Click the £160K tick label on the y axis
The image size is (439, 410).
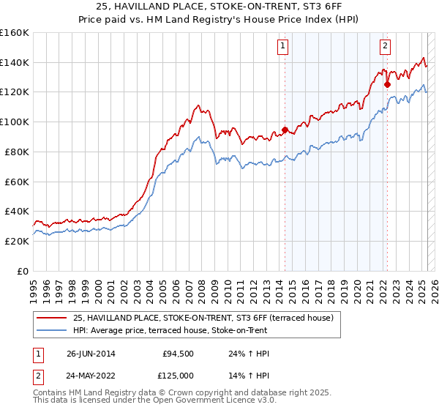15,33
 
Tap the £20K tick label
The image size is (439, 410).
17,241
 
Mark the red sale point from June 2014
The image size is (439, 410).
285,130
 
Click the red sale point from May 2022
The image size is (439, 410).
387,85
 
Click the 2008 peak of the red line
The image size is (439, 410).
198,105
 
